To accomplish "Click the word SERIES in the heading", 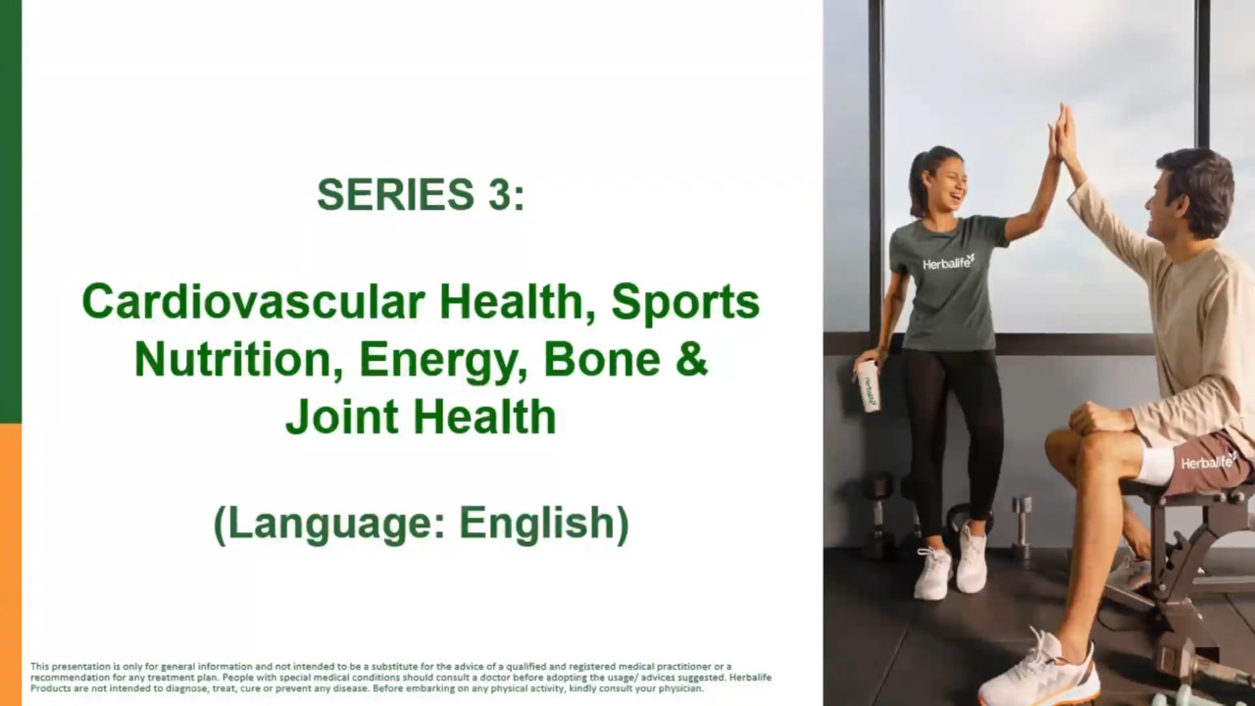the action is (x=395, y=194).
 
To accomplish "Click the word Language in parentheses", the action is (x=330, y=524).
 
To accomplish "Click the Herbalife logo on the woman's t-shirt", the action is (x=948, y=262).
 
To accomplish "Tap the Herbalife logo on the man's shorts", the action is (x=1209, y=461).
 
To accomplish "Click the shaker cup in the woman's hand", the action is (x=869, y=385).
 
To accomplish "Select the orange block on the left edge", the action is (x=11, y=565).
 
